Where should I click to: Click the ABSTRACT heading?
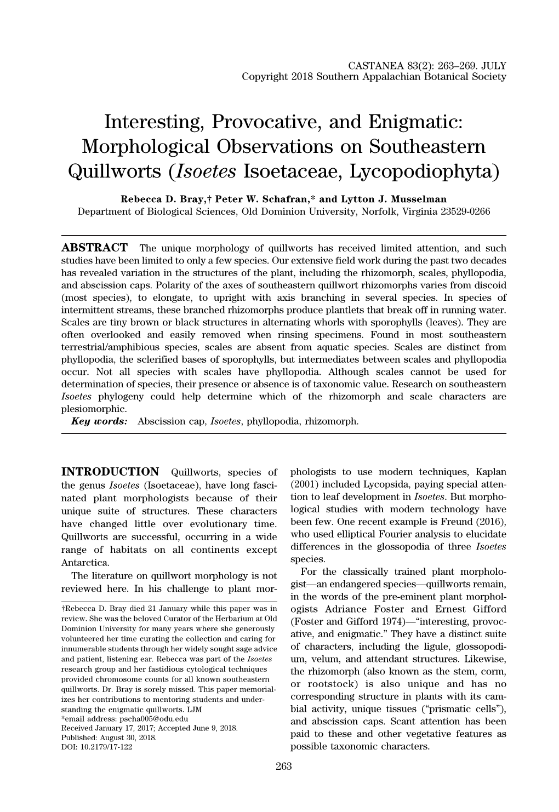94,248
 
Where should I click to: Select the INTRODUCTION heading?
110,472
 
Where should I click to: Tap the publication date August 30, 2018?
127,737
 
